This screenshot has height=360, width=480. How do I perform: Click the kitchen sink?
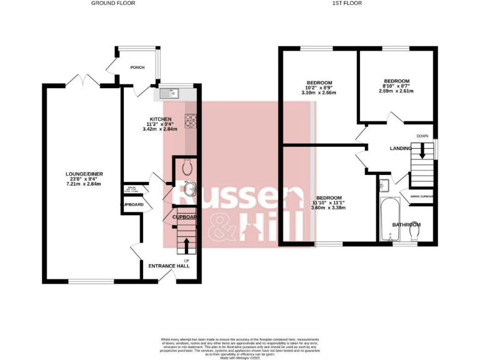169,94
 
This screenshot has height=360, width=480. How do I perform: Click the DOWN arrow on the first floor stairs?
422,151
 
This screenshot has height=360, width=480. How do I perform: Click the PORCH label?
137,67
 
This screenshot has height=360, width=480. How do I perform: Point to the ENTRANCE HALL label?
169,266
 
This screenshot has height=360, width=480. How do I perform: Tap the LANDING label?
400,148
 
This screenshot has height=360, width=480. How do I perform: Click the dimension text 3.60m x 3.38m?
328,208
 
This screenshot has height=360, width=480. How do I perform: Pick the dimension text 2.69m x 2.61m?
396,91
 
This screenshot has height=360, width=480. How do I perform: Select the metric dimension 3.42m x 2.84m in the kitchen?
160,129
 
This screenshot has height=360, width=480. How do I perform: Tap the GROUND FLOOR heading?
113,3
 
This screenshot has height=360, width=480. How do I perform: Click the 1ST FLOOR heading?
347,3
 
